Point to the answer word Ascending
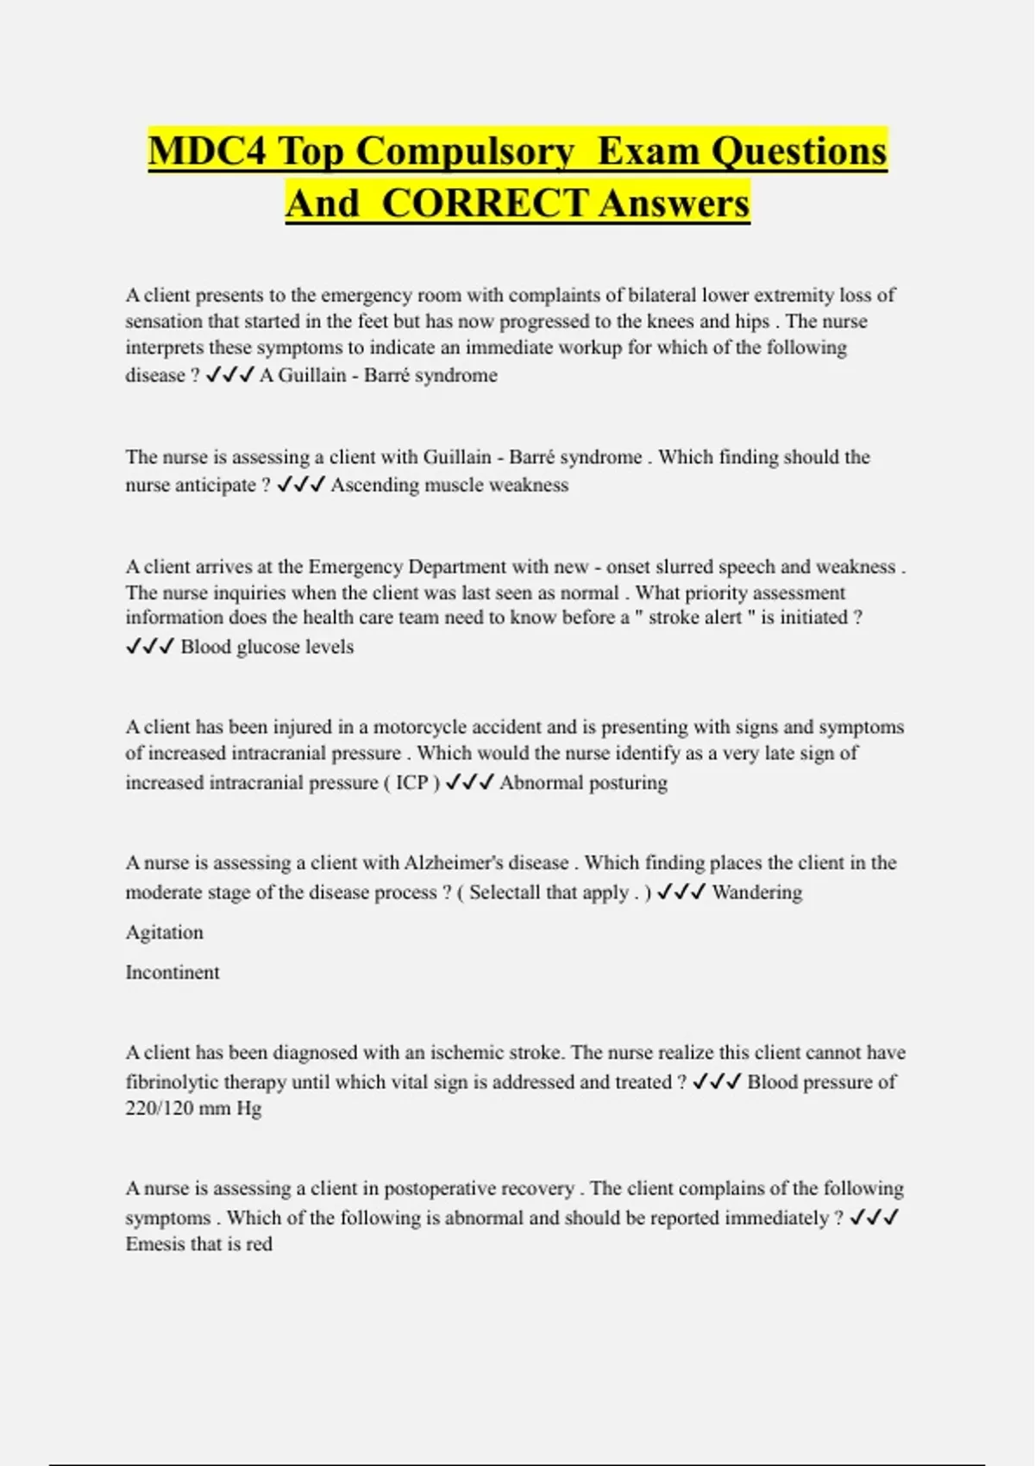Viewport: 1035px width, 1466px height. [x=371, y=485]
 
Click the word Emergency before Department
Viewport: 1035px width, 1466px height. [x=354, y=567]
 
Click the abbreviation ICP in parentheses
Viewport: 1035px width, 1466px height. [x=411, y=783]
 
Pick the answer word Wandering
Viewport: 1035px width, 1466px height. [x=756, y=893]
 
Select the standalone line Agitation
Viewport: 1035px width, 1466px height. [x=165, y=932]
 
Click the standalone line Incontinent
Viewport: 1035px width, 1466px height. [x=172, y=973]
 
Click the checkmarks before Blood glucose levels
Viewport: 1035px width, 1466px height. [x=150, y=647]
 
